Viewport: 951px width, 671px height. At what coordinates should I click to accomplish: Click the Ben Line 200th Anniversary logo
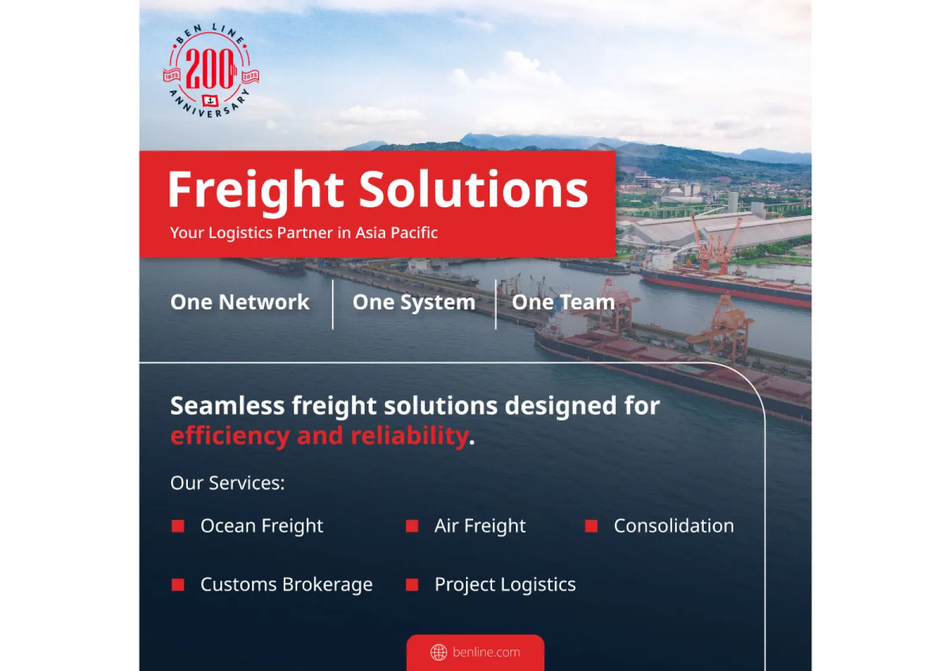(x=211, y=71)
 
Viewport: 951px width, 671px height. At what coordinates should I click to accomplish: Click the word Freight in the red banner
(x=256, y=189)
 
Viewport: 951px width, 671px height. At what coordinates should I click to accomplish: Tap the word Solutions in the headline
(x=474, y=189)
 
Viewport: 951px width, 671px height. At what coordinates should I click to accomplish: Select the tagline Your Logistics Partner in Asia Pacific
(x=304, y=232)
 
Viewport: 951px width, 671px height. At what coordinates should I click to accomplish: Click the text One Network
(x=240, y=302)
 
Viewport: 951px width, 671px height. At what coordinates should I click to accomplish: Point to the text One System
(x=414, y=302)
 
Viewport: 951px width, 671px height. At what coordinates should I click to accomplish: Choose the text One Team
(x=563, y=302)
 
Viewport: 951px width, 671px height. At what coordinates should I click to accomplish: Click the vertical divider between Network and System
(x=333, y=304)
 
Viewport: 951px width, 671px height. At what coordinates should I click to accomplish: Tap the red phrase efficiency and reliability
(x=319, y=436)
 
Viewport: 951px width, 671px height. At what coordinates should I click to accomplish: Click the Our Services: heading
(x=228, y=483)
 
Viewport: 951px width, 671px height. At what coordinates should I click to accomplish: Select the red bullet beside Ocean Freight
(x=178, y=526)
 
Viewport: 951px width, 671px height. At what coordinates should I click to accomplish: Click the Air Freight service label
(x=480, y=526)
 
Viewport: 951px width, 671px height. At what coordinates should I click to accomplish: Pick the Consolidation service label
(x=674, y=526)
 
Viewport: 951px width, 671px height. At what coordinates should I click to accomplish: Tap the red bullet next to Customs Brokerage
(x=178, y=584)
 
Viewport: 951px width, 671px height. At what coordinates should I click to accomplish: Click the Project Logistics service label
(x=505, y=584)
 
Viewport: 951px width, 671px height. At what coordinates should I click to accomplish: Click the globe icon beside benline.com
(x=439, y=652)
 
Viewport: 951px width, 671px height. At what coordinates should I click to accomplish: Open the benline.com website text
(x=487, y=652)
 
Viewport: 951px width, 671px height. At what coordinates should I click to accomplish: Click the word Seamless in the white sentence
(x=228, y=406)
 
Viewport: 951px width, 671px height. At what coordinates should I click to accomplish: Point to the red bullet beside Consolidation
(x=591, y=526)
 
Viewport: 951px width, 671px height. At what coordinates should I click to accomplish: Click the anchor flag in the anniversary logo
(x=210, y=101)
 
